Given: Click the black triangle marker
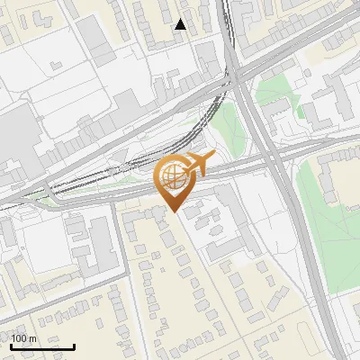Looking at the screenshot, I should [181, 24].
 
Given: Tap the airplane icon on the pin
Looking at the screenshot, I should [198, 164].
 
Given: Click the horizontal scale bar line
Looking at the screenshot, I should [42, 346].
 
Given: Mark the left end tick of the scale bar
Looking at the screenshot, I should [11, 345].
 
